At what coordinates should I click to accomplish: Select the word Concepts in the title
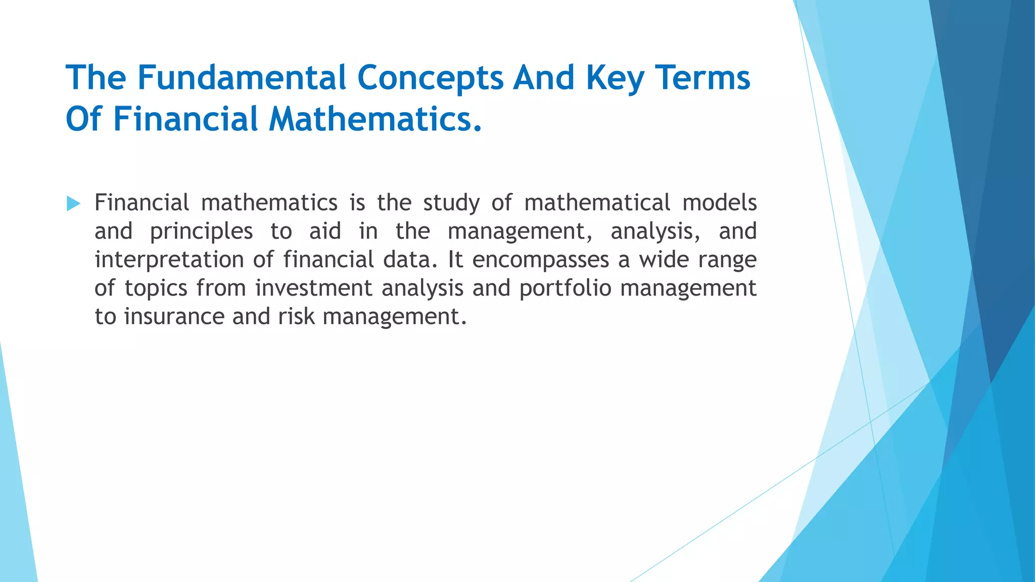click(430, 78)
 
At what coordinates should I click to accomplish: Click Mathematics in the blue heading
click(375, 120)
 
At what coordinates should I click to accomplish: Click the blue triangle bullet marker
click(73, 204)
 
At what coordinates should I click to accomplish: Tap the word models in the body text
click(719, 203)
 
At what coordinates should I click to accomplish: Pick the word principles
click(201, 232)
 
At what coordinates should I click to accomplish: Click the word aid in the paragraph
click(325, 231)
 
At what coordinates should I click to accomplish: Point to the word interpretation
click(169, 260)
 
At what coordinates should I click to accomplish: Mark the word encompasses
click(541, 260)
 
